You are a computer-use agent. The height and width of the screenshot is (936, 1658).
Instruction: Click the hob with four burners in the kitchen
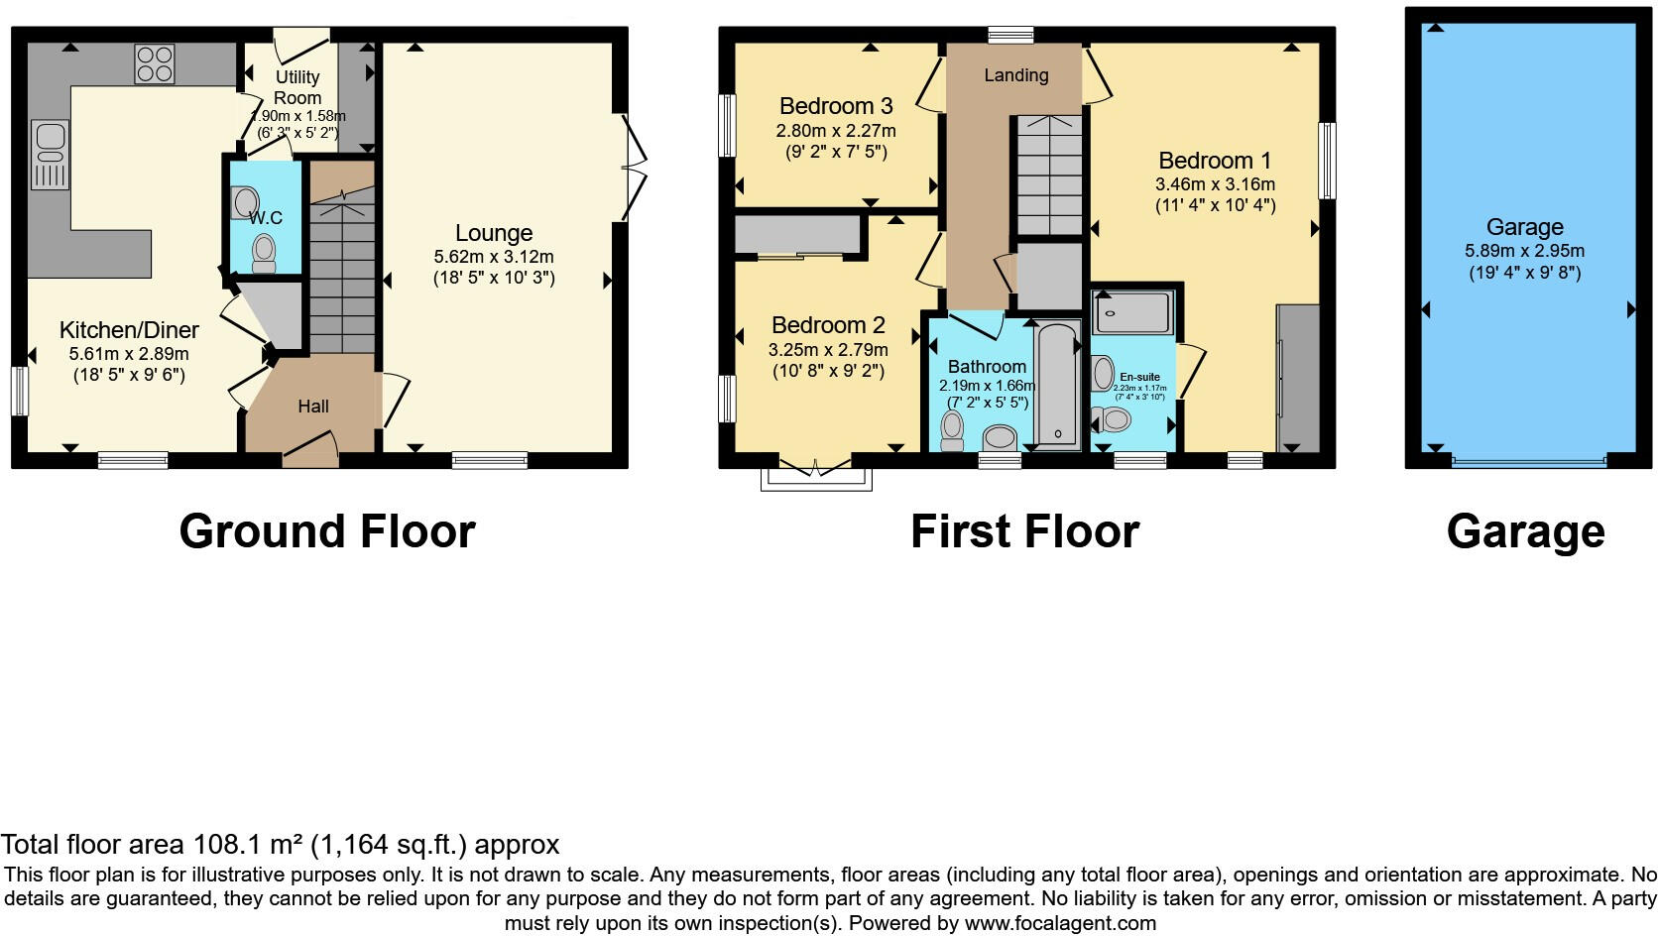(155, 63)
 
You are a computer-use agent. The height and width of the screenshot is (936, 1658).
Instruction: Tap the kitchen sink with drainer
(50, 154)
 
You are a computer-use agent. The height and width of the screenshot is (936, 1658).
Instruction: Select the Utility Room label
(297, 87)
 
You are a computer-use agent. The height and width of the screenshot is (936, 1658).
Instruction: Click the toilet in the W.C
(264, 252)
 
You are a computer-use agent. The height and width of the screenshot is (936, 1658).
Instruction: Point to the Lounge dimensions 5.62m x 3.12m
(494, 257)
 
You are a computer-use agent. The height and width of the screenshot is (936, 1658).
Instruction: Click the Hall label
(313, 407)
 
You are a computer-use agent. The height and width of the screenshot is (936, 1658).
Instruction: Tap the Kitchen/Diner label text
(129, 330)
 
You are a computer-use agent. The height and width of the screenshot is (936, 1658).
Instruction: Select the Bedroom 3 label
(836, 106)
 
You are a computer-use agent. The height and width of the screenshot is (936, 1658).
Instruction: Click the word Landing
(1015, 75)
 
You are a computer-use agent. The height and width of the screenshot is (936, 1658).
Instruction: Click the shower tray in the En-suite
(1132, 312)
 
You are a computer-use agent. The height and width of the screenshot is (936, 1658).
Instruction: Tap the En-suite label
(1139, 377)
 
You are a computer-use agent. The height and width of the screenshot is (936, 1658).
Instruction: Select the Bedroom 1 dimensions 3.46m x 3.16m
(1215, 184)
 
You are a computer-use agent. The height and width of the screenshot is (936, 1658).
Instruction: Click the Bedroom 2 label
(828, 325)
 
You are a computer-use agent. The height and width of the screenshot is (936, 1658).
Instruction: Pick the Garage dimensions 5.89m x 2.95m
(1524, 251)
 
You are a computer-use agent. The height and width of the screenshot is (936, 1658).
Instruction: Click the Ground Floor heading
(327, 531)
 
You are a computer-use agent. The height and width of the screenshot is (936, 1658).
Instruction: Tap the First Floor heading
(1024, 531)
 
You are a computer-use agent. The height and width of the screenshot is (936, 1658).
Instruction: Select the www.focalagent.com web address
(1060, 923)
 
